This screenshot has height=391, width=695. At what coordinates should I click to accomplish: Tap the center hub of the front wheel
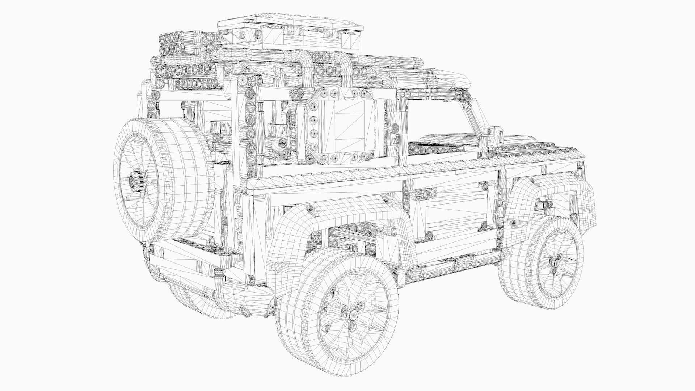click(555, 261)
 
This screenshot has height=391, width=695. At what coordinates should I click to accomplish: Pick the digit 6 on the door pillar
click(407, 107)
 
